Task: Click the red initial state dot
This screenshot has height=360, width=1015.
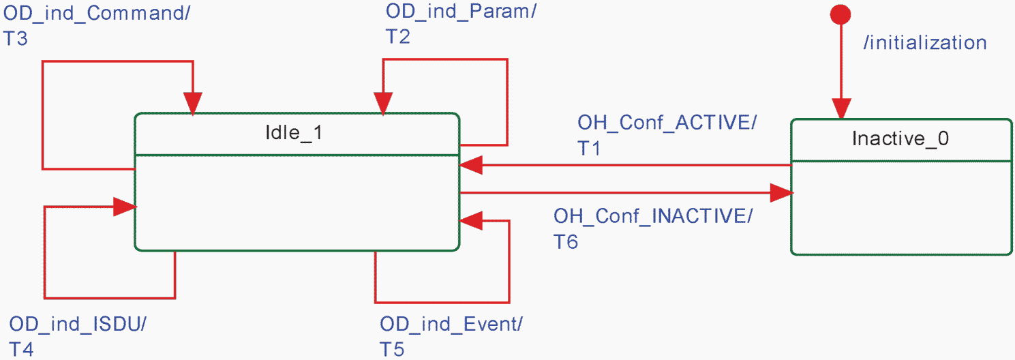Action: pos(840,14)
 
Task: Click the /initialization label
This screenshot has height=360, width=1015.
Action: pos(925,43)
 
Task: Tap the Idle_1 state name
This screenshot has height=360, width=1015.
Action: pos(294,133)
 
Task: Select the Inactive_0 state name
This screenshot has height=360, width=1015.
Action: pos(900,138)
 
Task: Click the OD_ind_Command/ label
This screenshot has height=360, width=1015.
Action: pos(97,14)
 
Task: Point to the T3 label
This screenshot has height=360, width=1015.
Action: pos(16,39)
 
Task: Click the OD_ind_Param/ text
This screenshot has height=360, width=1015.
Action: pos(461,12)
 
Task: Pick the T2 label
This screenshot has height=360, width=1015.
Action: pos(398,37)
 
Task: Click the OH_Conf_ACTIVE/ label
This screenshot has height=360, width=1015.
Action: pos(667,123)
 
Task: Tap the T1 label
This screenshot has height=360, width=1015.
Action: pos(588,148)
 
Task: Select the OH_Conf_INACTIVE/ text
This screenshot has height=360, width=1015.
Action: pos(653,216)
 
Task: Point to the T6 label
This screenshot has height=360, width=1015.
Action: pos(566,241)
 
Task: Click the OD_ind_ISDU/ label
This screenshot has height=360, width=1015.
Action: pos(78,325)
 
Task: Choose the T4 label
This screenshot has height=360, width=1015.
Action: pos(21,350)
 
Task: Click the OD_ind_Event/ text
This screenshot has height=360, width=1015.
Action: pos(451,325)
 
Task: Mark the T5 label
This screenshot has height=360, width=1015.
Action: pos(391,350)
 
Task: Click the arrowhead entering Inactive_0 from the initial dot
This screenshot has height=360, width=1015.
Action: pos(841,109)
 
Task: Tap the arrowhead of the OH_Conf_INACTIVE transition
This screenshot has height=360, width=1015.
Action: pos(782,193)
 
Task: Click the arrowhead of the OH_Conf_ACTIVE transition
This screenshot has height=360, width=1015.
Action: pos(471,165)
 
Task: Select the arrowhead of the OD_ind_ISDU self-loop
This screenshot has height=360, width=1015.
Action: pos(125,207)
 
